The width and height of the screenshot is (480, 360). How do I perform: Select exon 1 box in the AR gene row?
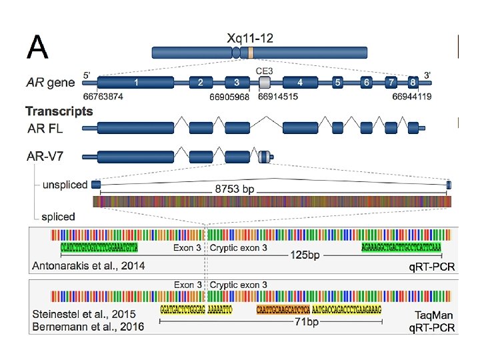coord(137,83)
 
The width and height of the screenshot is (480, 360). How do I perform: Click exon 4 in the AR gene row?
coord(300,83)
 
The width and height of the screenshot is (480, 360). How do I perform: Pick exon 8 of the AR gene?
coord(414,83)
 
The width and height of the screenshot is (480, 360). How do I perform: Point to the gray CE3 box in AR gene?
coord(265,83)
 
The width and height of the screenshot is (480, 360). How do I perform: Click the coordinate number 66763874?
coord(104,97)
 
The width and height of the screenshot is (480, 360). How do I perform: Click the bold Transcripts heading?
coord(59,111)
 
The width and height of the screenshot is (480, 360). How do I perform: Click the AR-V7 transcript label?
coord(47,157)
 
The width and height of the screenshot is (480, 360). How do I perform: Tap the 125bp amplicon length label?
coord(301,255)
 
